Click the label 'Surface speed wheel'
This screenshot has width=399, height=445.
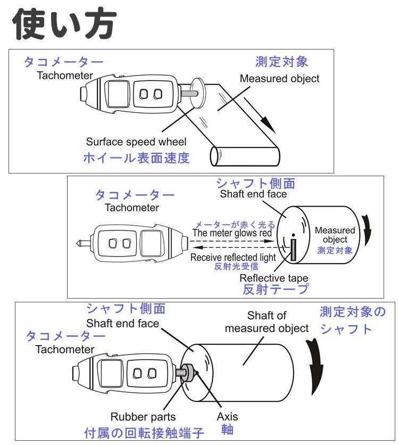click(x=136, y=142)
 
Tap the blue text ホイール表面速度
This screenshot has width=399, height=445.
click(x=136, y=158)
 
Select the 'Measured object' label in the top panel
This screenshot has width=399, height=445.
click(x=279, y=79)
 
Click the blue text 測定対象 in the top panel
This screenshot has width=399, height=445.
click(x=281, y=62)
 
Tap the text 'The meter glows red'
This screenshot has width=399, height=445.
click(x=232, y=233)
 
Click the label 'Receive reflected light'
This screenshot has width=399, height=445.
click(x=233, y=257)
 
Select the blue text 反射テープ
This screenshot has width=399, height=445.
click(x=275, y=290)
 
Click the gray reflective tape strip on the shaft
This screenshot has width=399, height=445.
click(x=293, y=250)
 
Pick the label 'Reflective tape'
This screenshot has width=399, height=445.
click(x=273, y=278)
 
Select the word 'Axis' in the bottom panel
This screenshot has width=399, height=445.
click(x=227, y=417)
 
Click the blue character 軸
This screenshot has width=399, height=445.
click(x=227, y=429)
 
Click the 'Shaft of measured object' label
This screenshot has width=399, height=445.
click(x=267, y=322)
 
